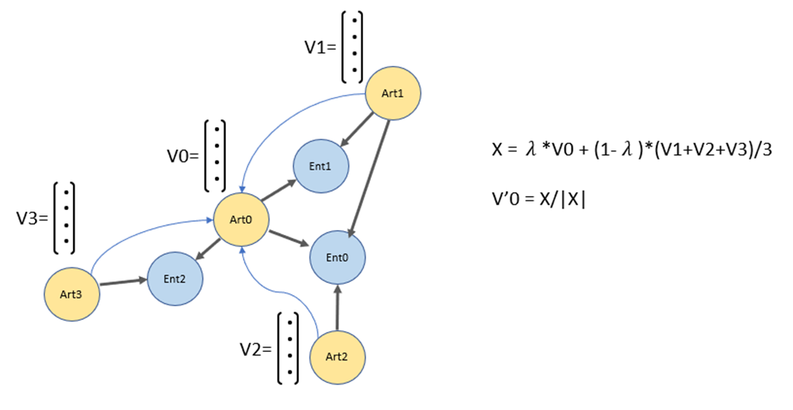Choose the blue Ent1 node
320,165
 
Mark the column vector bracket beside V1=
353,47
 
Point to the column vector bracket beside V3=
65,218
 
